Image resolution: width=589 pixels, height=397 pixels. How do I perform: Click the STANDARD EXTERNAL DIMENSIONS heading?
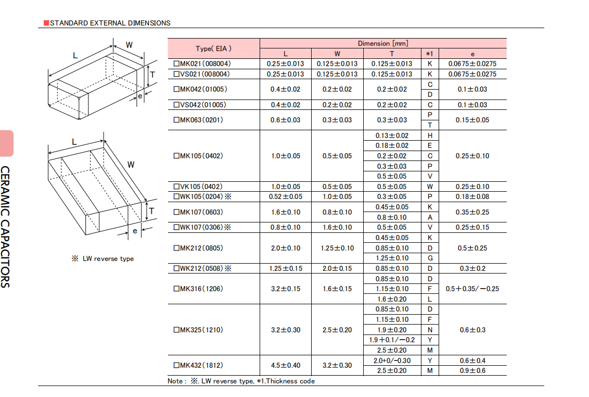click(x=110, y=23)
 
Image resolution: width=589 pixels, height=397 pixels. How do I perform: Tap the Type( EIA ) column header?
click(x=213, y=48)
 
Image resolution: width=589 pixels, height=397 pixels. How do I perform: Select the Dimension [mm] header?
click(x=383, y=43)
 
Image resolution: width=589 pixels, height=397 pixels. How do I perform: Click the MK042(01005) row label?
click(x=200, y=89)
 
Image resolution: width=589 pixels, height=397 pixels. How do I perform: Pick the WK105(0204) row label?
click(x=202, y=196)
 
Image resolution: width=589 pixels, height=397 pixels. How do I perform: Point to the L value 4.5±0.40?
click(x=286, y=365)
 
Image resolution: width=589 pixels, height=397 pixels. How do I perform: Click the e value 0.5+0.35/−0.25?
click(x=472, y=289)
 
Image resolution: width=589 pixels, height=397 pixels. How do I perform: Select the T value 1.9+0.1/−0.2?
click(x=392, y=340)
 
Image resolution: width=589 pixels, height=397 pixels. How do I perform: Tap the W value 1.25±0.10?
click(x=337, y=248)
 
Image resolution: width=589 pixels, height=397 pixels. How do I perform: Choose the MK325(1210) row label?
click(x=198, y=330)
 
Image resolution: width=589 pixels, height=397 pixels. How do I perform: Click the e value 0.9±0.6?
click(x=472, y=370)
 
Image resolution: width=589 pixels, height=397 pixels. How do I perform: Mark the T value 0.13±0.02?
click(x=392, y=135)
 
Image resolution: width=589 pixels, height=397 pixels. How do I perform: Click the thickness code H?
click(x=430, y=135)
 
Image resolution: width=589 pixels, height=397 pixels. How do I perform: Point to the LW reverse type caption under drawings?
click(x=103, y=258)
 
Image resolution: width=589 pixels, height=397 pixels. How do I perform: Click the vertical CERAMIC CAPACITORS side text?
click(x=5, y=227)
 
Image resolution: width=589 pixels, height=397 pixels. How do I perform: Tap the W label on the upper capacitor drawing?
click(x=129, y=45)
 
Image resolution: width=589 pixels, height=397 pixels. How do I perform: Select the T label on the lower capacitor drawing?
click(x=151, y=210)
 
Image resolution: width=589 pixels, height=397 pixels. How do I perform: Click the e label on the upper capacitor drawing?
click(x=140, y=96)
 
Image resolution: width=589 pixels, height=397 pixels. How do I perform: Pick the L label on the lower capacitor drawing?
click(x=74, y=142)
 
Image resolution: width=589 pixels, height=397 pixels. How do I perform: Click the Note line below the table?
click(x=241, y=381)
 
